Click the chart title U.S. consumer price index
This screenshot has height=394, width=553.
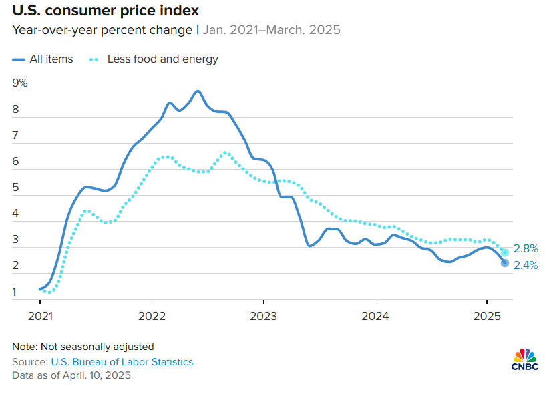click(105, 11)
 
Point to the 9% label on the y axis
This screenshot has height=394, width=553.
click(20, 83)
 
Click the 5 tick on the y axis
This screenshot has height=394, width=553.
click(15, 188)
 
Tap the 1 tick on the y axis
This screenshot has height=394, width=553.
click(15, 292)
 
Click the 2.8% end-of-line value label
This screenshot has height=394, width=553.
click(526, 248)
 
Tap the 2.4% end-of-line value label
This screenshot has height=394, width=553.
click(526, 265)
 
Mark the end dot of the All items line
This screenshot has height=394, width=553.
click(505, 263)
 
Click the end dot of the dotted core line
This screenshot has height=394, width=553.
click(505, 252)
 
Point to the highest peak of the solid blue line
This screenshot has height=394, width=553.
click(198, 91)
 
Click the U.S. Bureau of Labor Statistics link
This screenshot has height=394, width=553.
click(122, 361)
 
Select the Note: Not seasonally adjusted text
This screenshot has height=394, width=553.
click(83, 347)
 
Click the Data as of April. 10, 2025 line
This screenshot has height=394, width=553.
click(71, 375)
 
